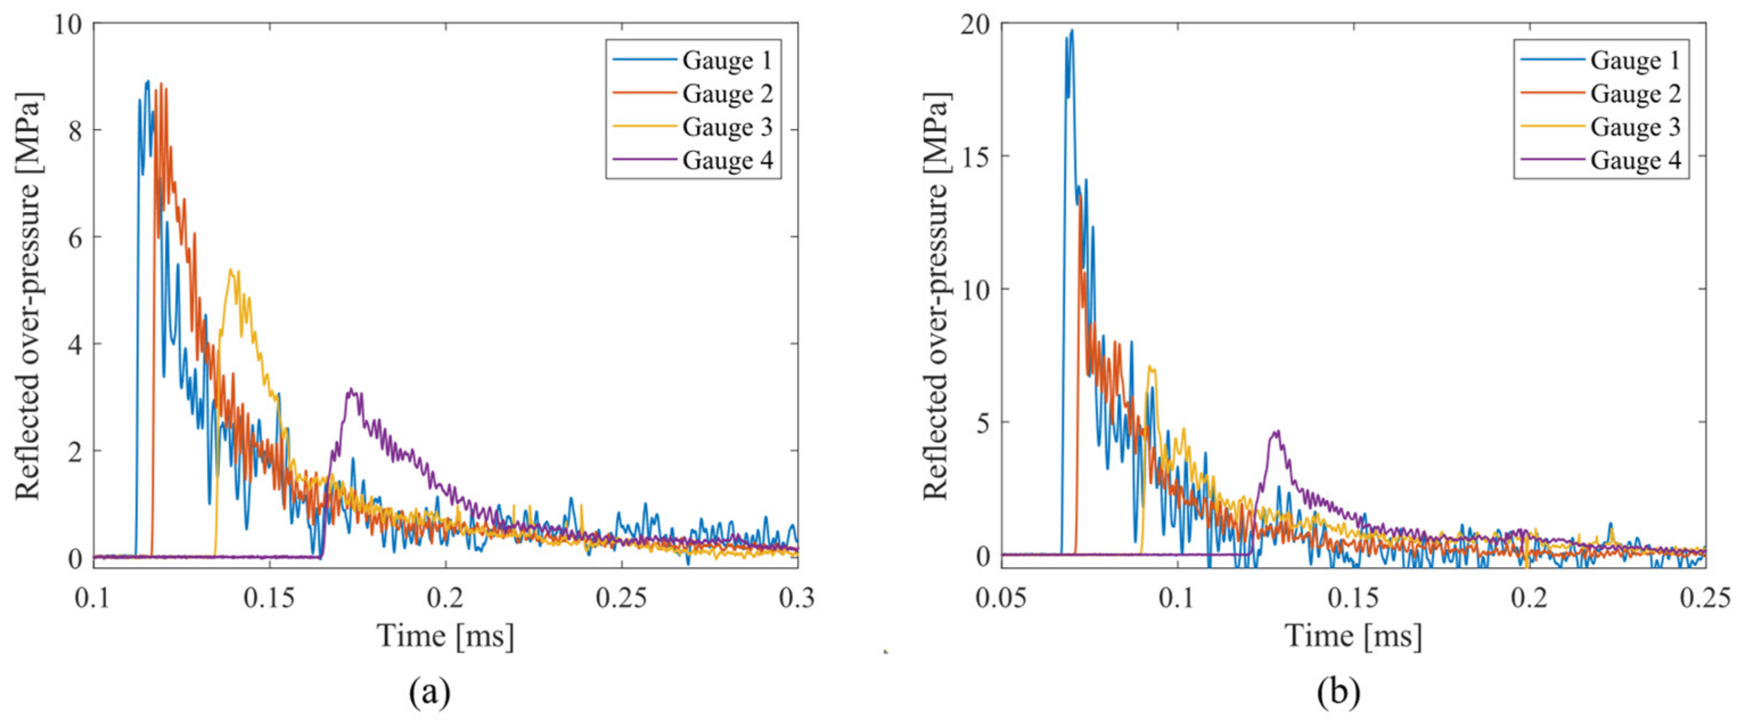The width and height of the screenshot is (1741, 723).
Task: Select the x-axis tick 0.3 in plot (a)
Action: click(797, 598)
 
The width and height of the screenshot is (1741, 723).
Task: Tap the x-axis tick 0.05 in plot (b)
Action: click(1002, 598)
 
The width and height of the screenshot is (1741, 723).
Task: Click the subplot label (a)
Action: click(430, 693)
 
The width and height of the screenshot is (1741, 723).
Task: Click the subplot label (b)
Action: click(1338, 693)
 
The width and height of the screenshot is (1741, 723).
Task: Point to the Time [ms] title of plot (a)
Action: click(445, 636)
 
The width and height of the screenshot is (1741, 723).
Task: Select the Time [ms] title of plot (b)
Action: click(1353, 636)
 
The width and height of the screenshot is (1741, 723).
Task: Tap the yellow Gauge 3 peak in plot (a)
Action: click(231, 270)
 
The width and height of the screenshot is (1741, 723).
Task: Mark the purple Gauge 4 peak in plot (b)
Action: click(1277, 431)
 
